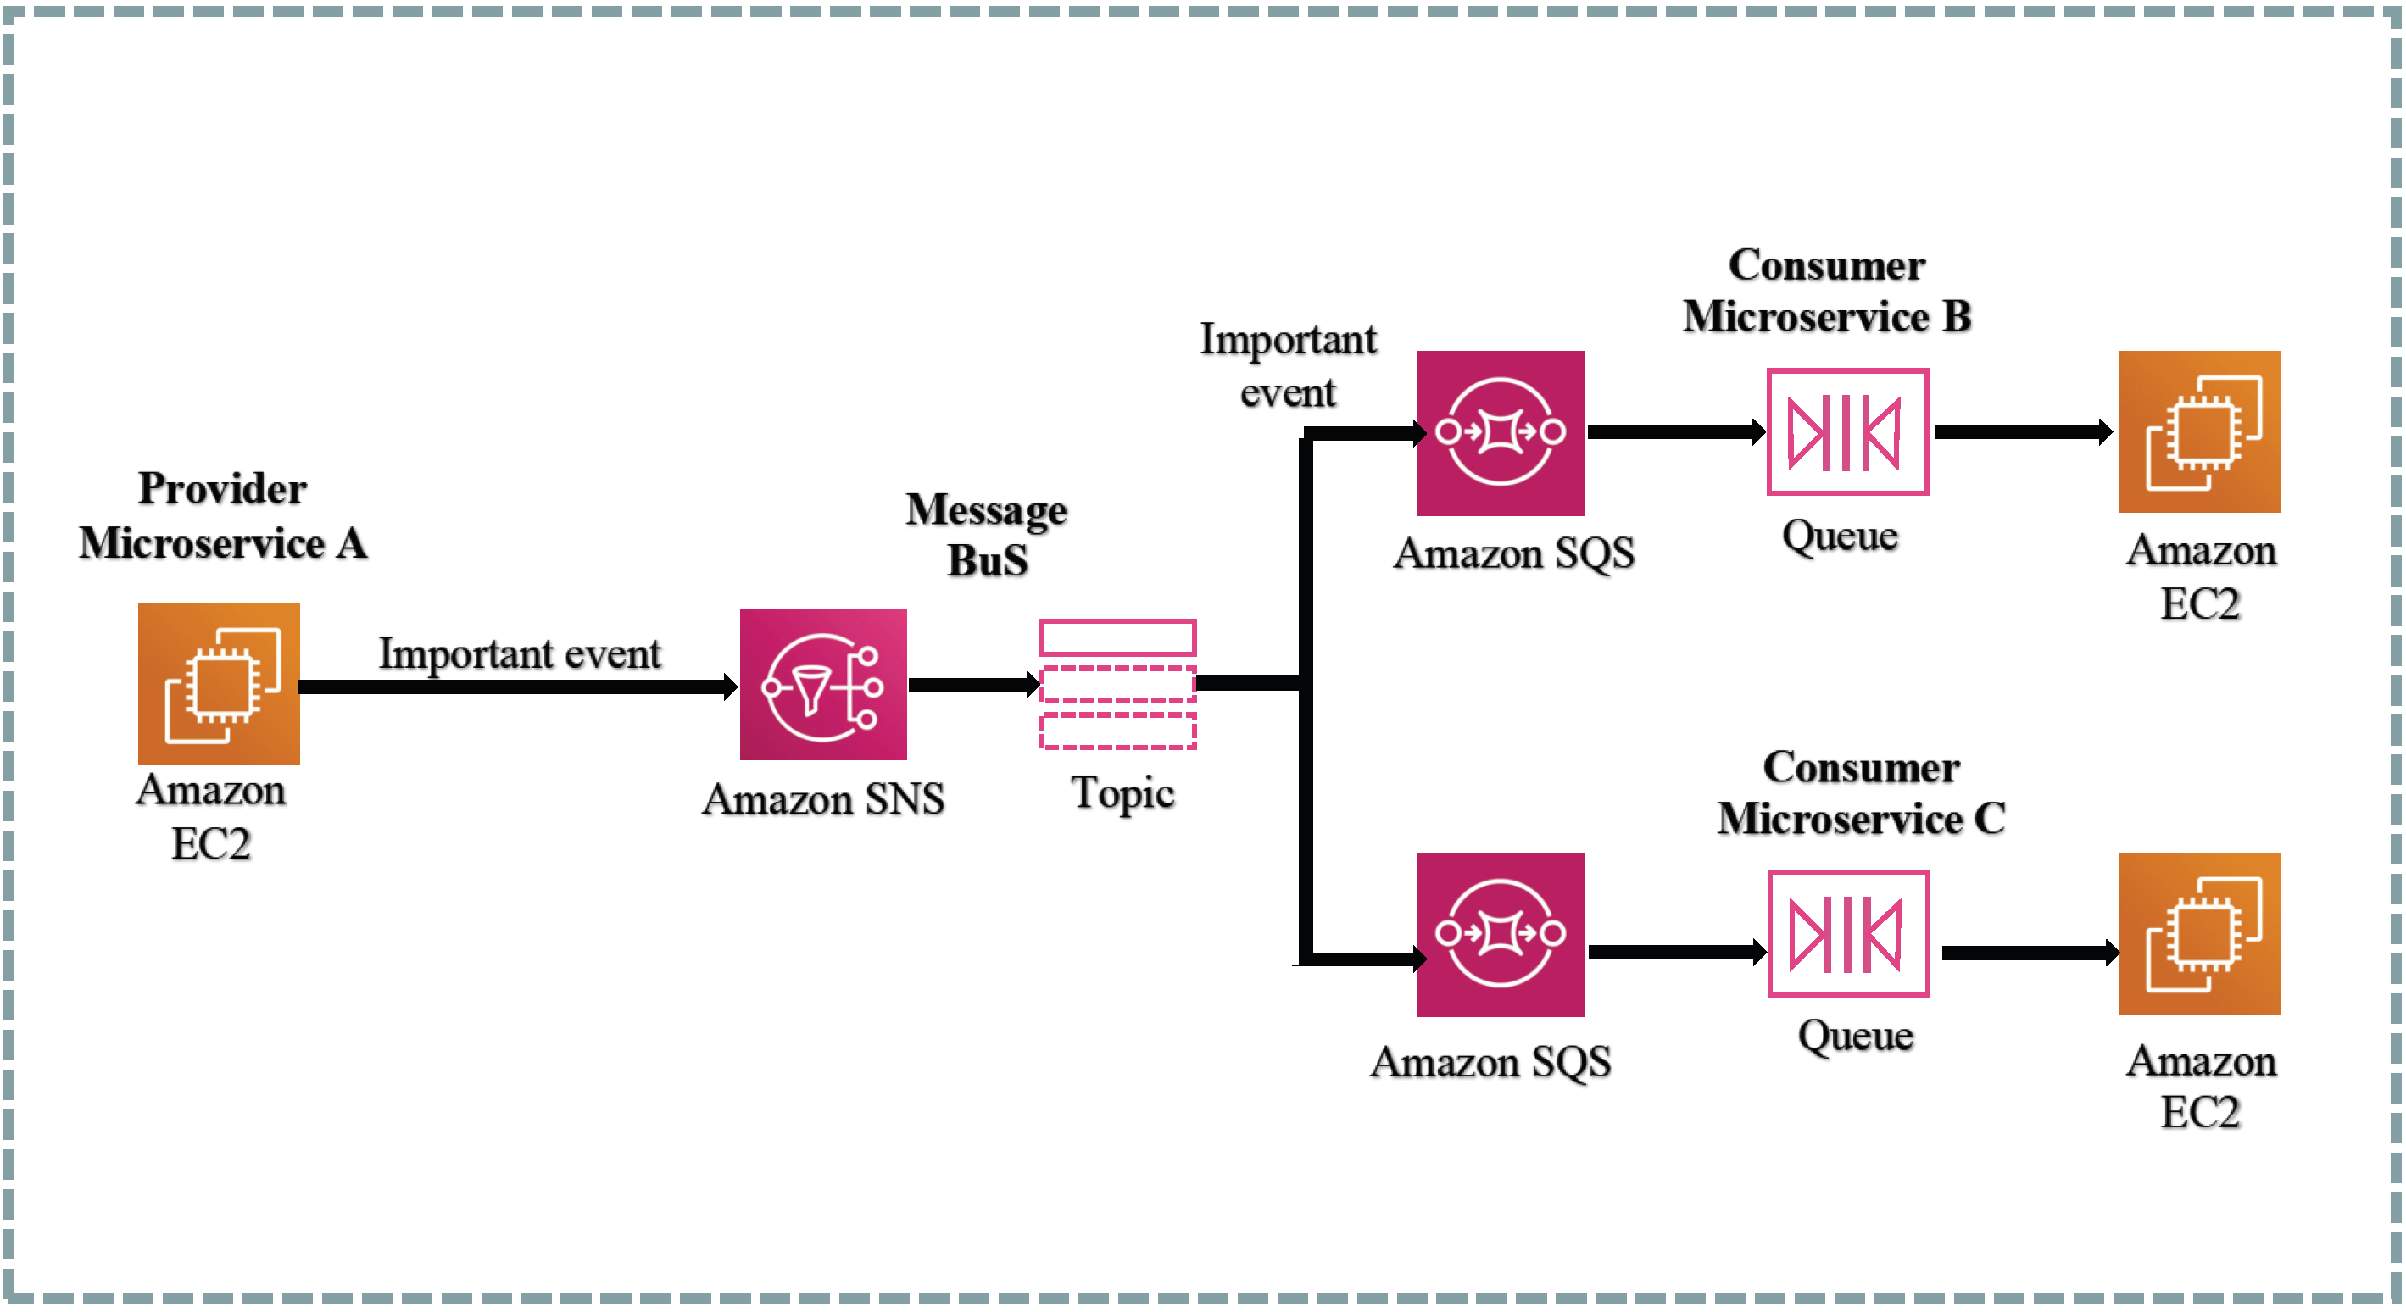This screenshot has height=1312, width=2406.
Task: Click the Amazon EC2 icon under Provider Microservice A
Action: pyautogui.click(x=219, y=684)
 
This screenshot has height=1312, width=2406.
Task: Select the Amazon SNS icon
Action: pyautogui.click(x=823, y=684)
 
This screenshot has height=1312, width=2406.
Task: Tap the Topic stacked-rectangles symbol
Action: pyautogui.click(x=1118, y=684)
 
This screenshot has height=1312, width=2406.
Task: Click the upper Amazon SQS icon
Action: pyautogui.click(x=1500, y=432)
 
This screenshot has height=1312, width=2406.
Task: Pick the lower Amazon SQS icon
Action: pyautogui.click(x=1500, y=934)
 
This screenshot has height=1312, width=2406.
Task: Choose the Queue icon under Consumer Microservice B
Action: pyautogui.click(x=1846, y=431)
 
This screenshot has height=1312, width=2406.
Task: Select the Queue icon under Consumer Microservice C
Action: pyautogui.click(x=1847, y=933)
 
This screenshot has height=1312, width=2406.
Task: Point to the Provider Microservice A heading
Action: pyautogui.click(x=222, y=515)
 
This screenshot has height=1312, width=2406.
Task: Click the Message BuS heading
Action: pyautogui.click(x=986, y=535)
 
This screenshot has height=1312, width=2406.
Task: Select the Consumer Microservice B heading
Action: pyautogui.click(x=1826, y=291)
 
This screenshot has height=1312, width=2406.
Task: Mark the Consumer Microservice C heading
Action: pyautogui.click(x=1860, y=792)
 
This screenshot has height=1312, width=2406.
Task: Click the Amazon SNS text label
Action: pyautogui.click(x=823, y=799)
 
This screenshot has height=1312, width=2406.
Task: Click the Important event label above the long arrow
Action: pyautogui.click(x=520, y=653)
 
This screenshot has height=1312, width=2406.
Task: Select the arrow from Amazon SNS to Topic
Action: pyautogui.click(x=972, y=685)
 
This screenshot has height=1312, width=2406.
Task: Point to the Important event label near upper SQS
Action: pyautogui.click(x=1287, y=365)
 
